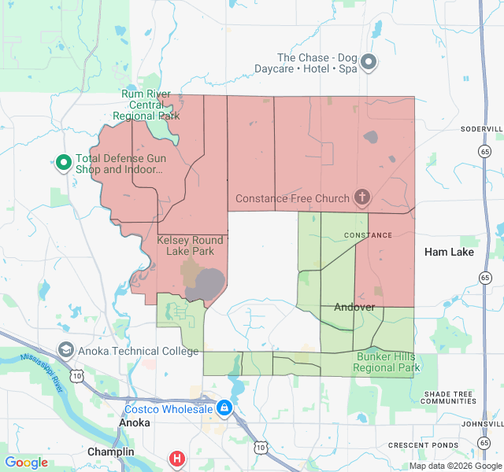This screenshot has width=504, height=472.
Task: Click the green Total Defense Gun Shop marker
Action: pos(63,163)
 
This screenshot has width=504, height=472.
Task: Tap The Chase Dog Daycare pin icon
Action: pos(369,63)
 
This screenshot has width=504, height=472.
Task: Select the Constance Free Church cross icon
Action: pos(361,197)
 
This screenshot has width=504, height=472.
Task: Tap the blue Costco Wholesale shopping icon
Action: pos(224,409)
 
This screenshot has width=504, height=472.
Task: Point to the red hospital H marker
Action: pos(178,458)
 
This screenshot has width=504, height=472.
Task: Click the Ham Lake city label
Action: pos(449,252)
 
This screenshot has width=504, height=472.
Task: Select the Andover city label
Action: pos(354,307)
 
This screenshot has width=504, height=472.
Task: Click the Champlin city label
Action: pos(110,452)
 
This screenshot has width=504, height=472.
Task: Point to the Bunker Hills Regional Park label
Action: pos(387,362)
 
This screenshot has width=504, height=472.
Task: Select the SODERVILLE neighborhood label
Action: pos(481,128)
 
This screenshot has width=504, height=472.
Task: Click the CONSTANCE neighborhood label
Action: pos(368,235)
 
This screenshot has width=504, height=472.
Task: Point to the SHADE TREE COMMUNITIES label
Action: pos(449,397)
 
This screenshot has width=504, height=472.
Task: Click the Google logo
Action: pos(26,463)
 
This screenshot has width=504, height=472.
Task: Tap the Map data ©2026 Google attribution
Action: pos(454,466)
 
